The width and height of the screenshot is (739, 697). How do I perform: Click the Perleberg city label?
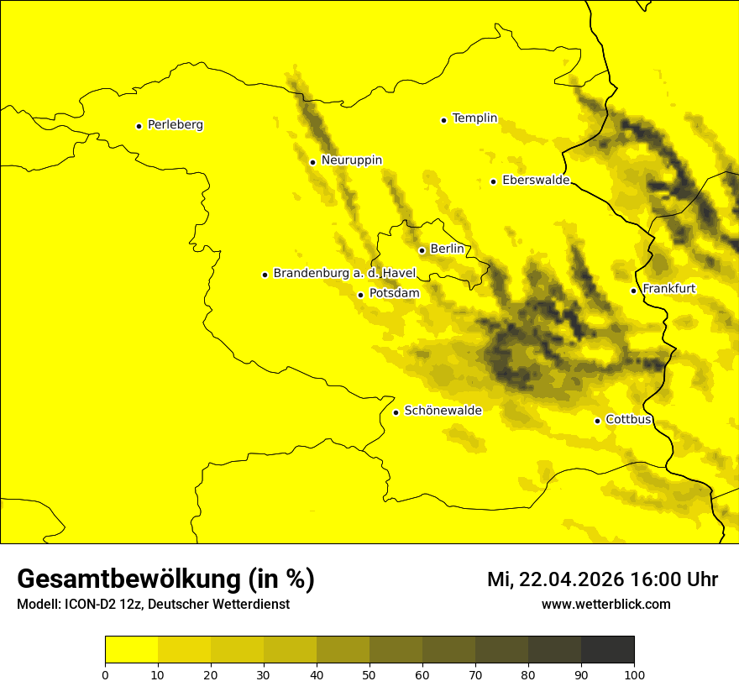(175, 125)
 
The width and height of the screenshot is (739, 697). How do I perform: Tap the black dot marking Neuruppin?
(312, 162)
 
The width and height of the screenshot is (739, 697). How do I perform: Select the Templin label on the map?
(474, 118)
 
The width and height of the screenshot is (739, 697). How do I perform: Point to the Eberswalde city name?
(536, 181)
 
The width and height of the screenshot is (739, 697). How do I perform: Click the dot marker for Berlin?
(422, 250)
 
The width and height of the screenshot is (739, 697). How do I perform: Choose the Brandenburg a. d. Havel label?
(344, 274)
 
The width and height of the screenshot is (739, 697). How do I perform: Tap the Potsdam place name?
(394, 294)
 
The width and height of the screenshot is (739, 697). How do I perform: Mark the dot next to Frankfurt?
(634, 291)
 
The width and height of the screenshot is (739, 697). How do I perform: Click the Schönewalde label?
(443, 411)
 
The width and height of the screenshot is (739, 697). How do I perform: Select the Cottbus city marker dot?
(597, 421)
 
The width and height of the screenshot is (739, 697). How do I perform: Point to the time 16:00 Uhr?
(679, 579)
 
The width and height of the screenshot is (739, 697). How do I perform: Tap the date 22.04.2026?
(571, 579)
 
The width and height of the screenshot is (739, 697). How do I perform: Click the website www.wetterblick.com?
(605, 605)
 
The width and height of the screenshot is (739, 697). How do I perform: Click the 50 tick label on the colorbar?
(369, 673)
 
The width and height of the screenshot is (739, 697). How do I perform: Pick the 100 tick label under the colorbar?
(634, 673)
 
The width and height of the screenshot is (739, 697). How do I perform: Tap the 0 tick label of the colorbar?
(105, 673)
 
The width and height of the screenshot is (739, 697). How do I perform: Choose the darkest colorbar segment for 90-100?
(607, 649)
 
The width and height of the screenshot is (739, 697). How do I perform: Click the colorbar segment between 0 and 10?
(131, 649)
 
